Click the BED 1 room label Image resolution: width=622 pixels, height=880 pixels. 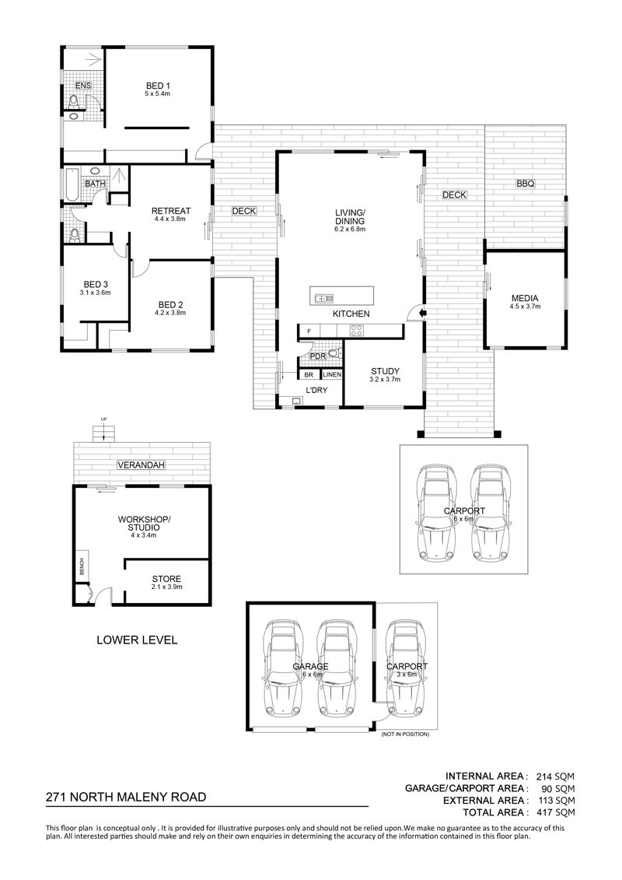pos(158,86)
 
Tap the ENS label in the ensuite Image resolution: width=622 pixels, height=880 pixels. pos(83,86)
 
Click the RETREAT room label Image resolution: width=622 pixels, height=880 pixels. pos(171,211)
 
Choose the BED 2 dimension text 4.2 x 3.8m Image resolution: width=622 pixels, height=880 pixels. pos(170,313)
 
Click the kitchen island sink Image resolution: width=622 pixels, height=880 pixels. pos(324,297)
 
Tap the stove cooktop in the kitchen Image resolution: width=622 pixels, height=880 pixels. pos(356,331)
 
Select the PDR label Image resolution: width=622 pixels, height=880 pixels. pos(318,356)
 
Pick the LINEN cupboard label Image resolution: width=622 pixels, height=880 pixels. pos(332,374)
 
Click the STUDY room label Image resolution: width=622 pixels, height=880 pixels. pos(386,371)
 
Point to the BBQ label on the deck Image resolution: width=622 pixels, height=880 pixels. pos(526,184)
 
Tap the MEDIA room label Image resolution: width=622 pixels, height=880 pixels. pos(525,299)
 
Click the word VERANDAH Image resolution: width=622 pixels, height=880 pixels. pos(141,465)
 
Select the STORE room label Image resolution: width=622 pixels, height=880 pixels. pos(166,579)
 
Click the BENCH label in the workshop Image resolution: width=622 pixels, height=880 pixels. pos(82,565)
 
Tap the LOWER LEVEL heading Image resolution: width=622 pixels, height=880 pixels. pos(137,640)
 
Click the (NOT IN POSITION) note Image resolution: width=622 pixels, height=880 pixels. pos(404,734)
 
